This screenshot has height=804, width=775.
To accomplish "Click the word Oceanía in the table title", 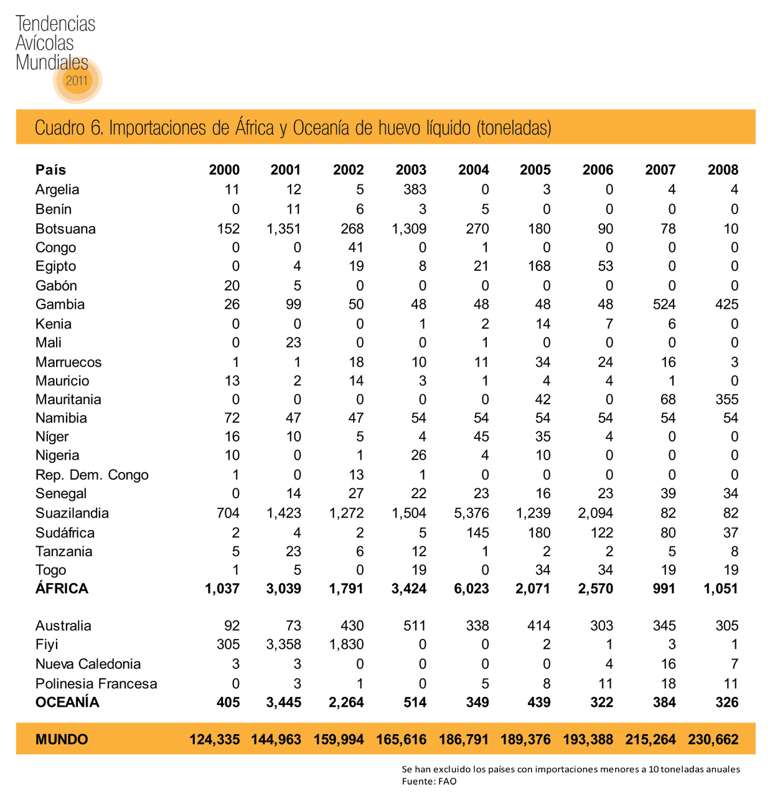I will (321, 128).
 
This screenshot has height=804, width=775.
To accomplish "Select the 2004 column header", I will (473, 170).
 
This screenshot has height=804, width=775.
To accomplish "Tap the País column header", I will (50, 170).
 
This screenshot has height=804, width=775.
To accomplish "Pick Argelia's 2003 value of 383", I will (415, 189).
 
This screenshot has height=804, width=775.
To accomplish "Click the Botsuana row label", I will (65, 229).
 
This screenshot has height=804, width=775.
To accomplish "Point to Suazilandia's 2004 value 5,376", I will (471, 513).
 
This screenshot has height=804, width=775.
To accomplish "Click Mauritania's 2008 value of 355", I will (726, 399).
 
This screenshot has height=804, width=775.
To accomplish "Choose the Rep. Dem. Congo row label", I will (92, 475).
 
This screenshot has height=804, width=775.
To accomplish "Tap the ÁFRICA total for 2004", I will (471, 589).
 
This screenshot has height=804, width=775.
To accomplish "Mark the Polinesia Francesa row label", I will (96, 684).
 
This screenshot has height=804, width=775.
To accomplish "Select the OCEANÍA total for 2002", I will (346, 702).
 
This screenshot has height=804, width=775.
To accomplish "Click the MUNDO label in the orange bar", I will (62, 739).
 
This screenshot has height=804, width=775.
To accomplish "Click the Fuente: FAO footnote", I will (429, 781).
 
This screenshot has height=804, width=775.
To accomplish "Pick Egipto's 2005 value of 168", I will (539, 266).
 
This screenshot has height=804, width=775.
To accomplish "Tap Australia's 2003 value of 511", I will (415, 626).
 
